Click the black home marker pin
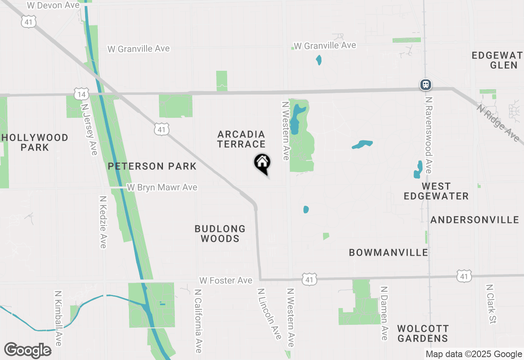[262, 163]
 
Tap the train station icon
[426, 85]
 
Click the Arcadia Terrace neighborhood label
[242, 139]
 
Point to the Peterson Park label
[152, 166]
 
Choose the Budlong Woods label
[220, 234]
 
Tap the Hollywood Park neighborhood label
[35, 142]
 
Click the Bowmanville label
[388, 252]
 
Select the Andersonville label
[475, 220]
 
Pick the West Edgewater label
[436, 191]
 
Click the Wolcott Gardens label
[423, 333]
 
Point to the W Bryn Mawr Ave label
[162, 187]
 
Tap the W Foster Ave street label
[226, 281]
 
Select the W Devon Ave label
[53, 5]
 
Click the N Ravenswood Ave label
[429, 135]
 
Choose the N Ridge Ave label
[498, 123]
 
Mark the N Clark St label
[491, 304]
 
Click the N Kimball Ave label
[58, 318]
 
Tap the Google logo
[28, 350]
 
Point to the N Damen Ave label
[384, 313]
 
